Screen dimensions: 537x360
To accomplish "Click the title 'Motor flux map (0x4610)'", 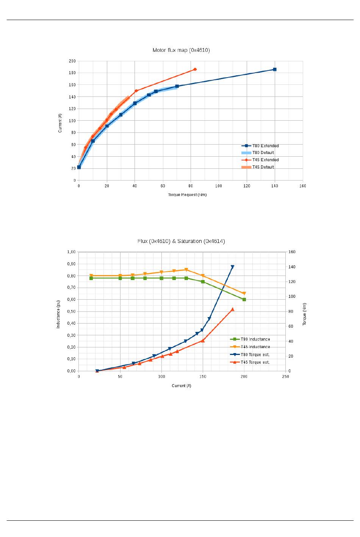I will (181, 50).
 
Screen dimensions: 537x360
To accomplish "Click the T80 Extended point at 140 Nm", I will (275, 69).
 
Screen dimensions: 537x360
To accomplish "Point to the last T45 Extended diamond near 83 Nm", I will (195, 69).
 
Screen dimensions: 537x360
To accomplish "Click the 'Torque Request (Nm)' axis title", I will (187, 195).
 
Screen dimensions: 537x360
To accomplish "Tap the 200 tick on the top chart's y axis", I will (72, 61).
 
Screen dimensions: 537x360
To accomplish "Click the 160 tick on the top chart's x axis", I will (302, 186).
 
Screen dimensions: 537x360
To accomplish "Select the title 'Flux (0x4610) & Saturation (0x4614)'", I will (181, 241).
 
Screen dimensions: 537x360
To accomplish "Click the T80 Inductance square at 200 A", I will (244, 299).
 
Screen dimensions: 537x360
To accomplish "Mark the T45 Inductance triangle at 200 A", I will (244, 293).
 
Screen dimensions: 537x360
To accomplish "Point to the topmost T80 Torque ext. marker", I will (233, 267).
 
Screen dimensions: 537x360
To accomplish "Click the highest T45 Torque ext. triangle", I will (233, 309).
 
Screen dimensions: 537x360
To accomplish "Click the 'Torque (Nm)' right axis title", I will (304, 314).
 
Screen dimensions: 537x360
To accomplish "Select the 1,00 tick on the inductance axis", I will (71, 252).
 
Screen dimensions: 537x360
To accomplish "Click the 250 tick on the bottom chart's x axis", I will (285, 377).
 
